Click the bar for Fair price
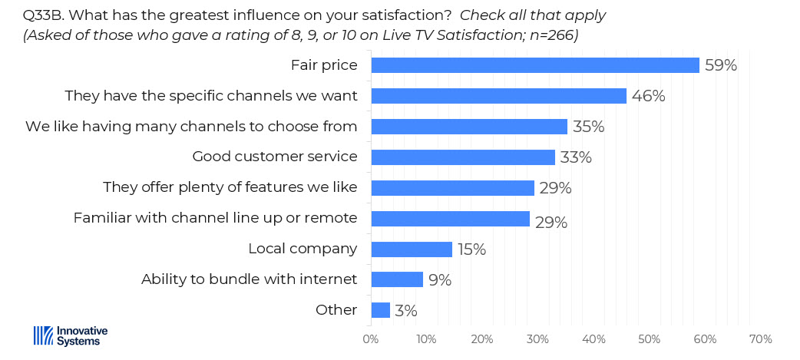[534, 65]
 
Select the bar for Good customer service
[462, 157]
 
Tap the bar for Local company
[411, 249]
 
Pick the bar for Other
[380, 310]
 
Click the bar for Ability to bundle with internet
[396, 279]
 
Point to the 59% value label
[721, 65]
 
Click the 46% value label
[648, 96]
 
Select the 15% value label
[472, 249]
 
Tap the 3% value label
[405, 311]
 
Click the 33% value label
[575, 157]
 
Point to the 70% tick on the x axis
[760, 339]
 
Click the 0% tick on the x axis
[371, 339]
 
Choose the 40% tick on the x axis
[593, 339]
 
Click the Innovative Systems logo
[71, 335]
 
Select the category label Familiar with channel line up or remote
[215, 218]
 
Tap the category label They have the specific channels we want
[211, 96]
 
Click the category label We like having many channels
[191, 127]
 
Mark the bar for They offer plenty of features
[452, 188]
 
